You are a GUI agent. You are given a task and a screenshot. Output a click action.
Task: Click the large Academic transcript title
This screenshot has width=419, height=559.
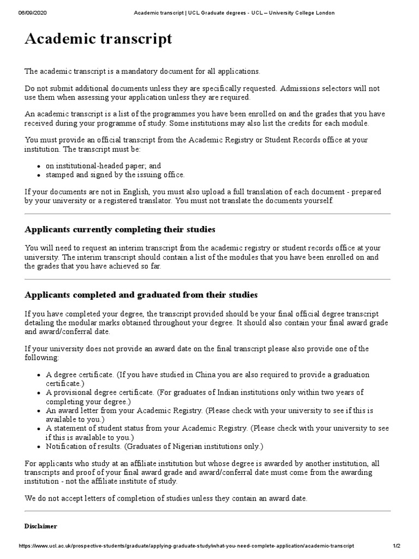[99, 39]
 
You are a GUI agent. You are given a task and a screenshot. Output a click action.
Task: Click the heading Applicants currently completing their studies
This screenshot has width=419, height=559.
[120, 229]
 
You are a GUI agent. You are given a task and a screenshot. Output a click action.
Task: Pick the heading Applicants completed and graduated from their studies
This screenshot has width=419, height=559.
[141, 295]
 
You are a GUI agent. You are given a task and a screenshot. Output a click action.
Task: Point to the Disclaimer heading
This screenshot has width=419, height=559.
[40, 526]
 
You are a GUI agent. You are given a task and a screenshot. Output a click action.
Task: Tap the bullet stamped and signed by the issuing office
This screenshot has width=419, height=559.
[115, 175]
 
